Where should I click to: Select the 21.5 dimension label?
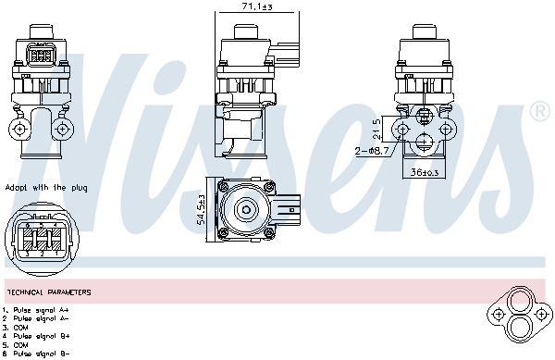(376, 127)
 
